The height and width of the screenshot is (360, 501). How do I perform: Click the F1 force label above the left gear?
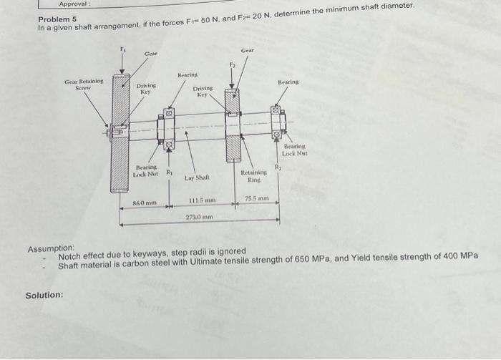(122, 49)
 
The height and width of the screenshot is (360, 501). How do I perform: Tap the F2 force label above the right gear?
(232, 65)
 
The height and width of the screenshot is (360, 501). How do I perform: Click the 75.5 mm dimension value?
(256, 198)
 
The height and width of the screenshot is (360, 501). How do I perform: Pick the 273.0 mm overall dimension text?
(197, 216)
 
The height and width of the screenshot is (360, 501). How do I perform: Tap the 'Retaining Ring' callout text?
(253, 176)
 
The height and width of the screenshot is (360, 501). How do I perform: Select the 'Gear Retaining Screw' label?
(84, 84)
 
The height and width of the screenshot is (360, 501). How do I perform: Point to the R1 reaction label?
(170, 172)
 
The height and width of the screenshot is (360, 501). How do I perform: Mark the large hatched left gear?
(120, 132)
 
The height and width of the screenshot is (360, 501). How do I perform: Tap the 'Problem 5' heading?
(57, 19)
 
